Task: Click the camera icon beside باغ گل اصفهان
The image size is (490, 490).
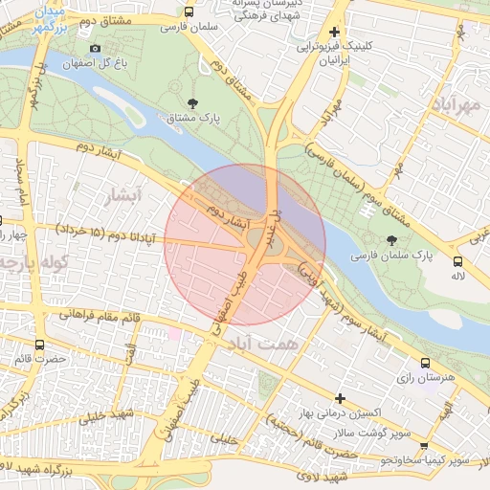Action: click(x=95, y=49)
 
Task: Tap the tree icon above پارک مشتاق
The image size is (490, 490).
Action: click(x=194, y=102)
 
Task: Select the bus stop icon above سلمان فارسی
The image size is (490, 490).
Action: click(x=189, y=12)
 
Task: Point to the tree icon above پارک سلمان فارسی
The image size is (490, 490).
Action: click(x=390, y=241)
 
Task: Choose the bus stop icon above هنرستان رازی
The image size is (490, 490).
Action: click(x=425, y=363)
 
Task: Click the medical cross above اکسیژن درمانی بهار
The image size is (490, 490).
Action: click(x=339, y=398)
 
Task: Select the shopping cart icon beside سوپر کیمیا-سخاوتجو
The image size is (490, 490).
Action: click(x=424, y=445)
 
